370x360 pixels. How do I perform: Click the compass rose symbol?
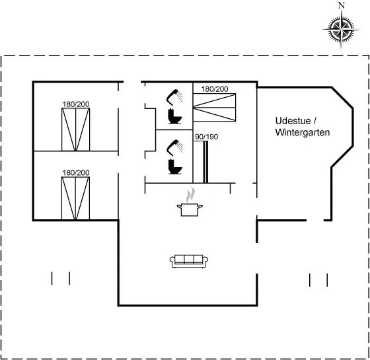(341, 30)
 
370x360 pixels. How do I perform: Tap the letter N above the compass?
(342, 5)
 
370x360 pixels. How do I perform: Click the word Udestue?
(293, 121)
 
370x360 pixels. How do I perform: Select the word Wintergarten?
(303, 132)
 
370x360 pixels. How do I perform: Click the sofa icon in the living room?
(189, 261)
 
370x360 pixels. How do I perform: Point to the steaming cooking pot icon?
(190, 202)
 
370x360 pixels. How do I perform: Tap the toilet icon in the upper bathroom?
(174, 116)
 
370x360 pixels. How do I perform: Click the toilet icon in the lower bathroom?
(175, 166)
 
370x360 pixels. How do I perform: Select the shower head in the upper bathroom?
(174, 96)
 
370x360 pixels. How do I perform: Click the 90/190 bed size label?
(206, 137)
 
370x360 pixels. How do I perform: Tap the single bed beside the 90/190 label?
(201, 162)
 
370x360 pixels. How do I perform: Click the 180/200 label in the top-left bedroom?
(76, 104)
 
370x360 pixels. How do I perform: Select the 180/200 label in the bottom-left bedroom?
(76, 172)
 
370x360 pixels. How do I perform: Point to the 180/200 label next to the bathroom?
(215, 89)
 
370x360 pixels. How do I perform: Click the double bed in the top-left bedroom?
(76, 129)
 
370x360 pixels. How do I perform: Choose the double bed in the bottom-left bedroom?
(75, 198)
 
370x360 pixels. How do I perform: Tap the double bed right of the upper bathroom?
(214, 107)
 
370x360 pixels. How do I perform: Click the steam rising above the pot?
(191, 195)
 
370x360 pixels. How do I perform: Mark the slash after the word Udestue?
(314, 121)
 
